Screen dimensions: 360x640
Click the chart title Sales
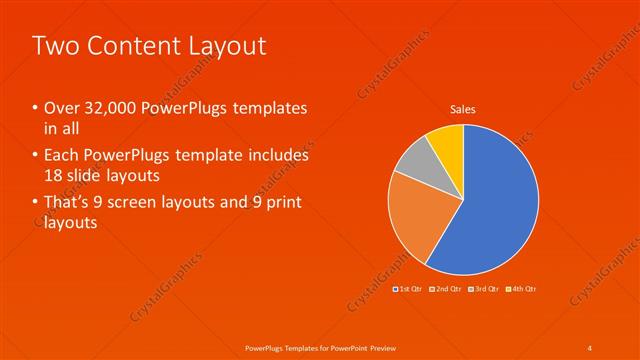click(x=462, y=109)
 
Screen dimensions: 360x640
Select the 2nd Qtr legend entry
click(x=446, y=289)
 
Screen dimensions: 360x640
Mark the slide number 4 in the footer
click(x=590, y=347)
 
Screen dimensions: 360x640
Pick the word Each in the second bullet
click(x=61, y=156)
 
